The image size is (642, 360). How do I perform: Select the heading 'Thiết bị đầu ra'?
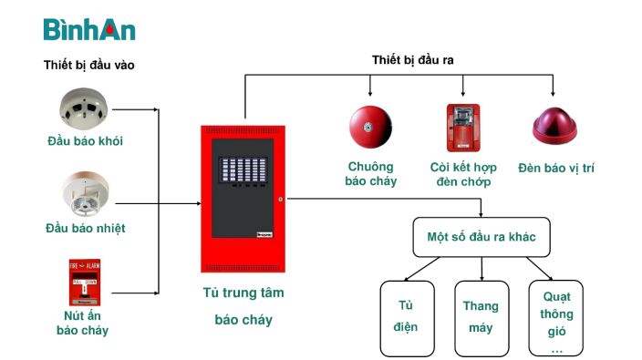coord(413,59)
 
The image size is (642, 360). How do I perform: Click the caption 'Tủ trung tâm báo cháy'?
coord(243,306)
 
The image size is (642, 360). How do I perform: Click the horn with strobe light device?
coord(461,128)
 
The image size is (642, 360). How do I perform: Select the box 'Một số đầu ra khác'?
coord(481,237)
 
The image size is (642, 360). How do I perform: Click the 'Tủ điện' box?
coord(407,316)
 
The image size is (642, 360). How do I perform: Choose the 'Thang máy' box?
coord(481,316)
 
